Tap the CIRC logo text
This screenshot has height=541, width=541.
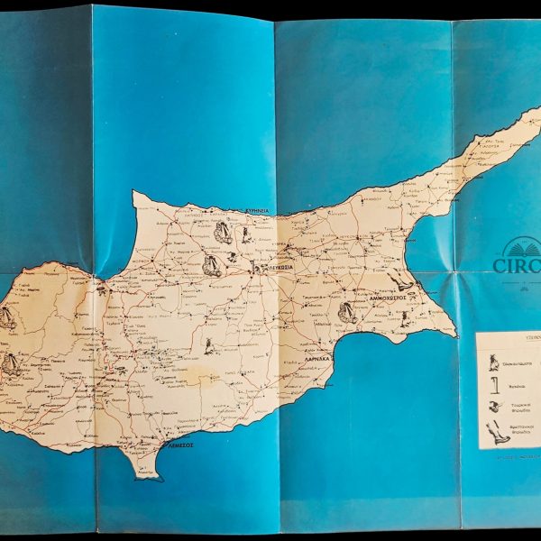516,266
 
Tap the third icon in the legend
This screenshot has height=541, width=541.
493,407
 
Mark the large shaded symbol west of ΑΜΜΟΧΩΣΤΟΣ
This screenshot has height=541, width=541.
345,313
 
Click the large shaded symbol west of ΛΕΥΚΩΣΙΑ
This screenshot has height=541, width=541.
212,264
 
